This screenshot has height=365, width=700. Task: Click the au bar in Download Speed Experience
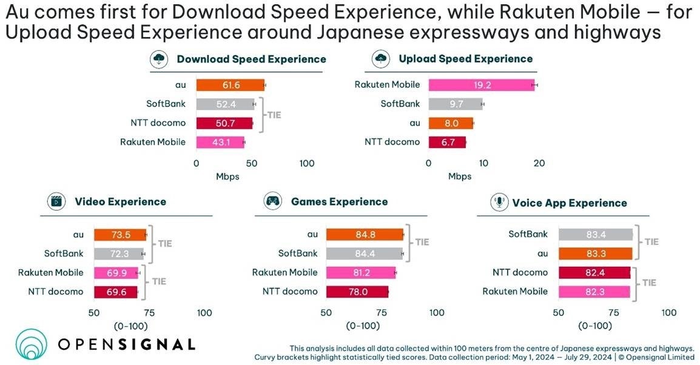[230, 85]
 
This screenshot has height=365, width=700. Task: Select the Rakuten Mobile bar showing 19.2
[481, 85]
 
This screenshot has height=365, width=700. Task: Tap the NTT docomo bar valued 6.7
[446, 142]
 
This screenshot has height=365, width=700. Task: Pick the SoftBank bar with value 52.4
[225, 104]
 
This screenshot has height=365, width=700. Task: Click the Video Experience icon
[56, 201]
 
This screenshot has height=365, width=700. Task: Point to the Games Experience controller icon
[271, 201]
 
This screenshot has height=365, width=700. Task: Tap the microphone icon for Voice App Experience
[499, 203]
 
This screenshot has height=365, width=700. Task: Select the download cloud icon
[159, 59]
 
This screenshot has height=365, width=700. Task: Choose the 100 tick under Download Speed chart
[307, 163]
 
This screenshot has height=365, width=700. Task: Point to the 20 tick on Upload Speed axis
[539, 163]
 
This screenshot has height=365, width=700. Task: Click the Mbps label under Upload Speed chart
[460, 176]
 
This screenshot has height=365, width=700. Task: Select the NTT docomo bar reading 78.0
[357, 292]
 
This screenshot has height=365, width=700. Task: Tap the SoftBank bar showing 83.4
[595, 235]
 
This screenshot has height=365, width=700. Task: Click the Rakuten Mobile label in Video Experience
[50, 272]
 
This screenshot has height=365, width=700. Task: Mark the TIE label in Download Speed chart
[275, 113]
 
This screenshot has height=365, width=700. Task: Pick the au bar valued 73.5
[119, 235]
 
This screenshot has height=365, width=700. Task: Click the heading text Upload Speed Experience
[466, 59]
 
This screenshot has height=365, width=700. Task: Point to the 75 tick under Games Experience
[382, 313]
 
